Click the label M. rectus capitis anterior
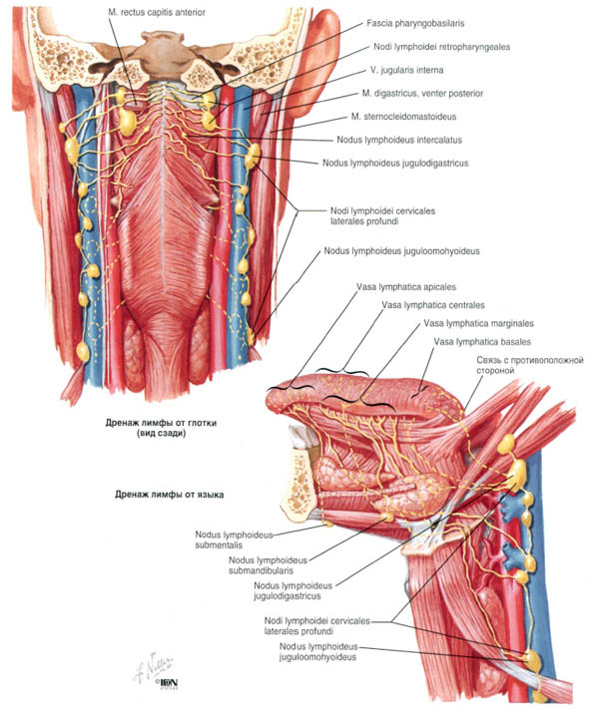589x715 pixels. coord(157,12)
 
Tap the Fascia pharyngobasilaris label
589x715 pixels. coord(415,23)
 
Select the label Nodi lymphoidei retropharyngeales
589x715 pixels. coord(442,47)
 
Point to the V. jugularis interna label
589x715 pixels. coord(407,70)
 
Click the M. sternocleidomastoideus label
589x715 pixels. coord(403,117)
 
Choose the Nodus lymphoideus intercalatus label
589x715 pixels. coord(399,140)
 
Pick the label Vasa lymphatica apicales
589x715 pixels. coord(406,287)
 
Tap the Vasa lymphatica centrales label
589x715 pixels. coord(433,305)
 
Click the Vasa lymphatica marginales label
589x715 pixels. coord(478,323)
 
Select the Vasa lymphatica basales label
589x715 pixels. coord(482,341)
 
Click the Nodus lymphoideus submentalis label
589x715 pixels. coord(234,539)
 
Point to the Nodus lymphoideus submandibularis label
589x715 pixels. coord(268,565)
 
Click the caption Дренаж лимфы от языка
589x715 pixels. coord(170,495)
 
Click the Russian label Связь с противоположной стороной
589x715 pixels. coord(530,365)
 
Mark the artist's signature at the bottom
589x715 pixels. coord(154,667)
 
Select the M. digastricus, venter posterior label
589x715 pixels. coord(422,93)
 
